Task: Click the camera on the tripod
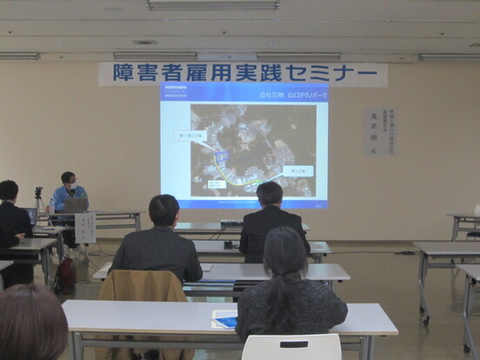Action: tap(38, 192)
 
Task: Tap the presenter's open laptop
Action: tap(77, 205)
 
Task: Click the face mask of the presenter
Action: tap(70, 190)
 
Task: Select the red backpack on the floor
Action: tap(64, 276)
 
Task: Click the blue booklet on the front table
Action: tap(225, 321)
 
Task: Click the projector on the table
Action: tap(230, 223)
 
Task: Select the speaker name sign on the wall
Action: tap(379, 131)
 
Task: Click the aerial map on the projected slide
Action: tap(253, 150)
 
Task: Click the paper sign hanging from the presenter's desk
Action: tap(86, 227)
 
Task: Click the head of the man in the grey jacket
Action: tap(163, 210)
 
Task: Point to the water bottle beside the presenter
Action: tap(51, 206)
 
